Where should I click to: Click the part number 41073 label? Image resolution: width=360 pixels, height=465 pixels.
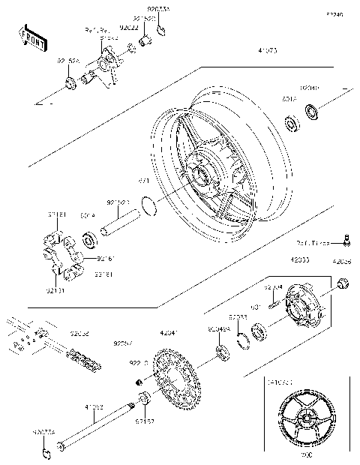268,52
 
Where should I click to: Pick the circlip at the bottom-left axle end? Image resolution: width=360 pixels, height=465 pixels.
46,452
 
